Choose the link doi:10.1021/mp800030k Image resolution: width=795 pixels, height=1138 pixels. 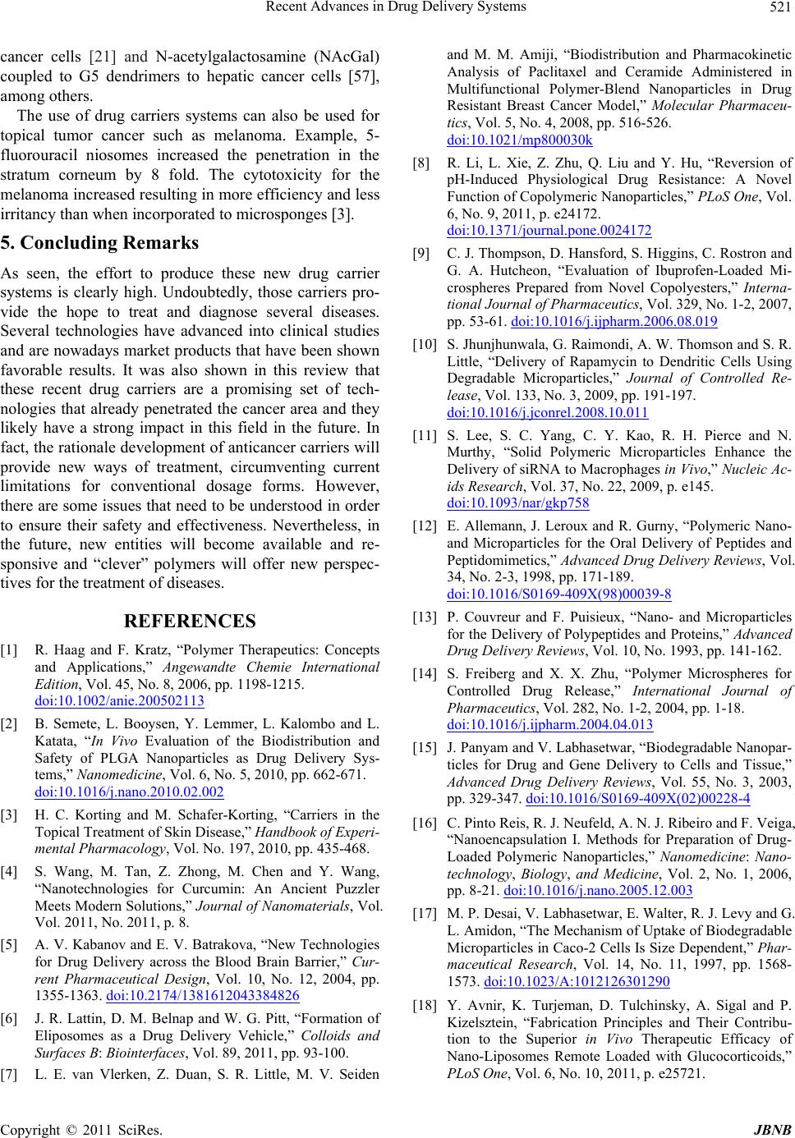[519, 140]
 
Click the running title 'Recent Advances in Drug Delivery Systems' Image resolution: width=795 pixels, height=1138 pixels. [402, 8]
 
